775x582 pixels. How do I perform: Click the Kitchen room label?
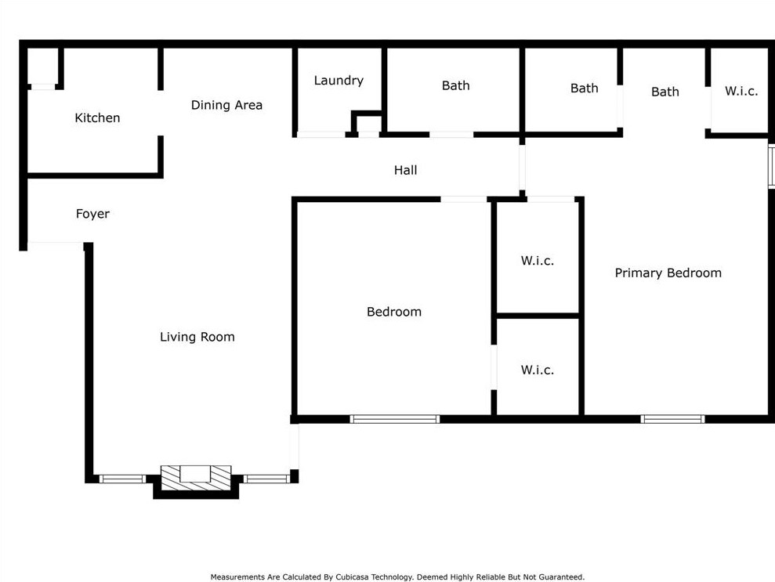point(97,118)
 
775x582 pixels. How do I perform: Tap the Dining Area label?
point(226,105)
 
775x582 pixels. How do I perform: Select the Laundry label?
point(339,81)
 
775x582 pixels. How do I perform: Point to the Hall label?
point(405,170)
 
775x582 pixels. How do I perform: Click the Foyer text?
point(92,214)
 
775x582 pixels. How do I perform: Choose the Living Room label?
point(197,337)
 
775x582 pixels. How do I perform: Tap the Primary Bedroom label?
point(668,273)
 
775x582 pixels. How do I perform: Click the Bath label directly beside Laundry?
point(455,85)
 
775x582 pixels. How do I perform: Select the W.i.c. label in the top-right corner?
point(741,92)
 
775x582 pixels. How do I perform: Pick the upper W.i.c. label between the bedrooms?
point(537,261)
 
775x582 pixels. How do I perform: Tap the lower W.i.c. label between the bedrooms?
point(537,370)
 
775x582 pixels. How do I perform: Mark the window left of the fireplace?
point(122,479)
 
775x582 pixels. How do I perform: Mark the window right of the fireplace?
point(267,479)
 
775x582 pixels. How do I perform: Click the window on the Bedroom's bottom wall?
point(395,419)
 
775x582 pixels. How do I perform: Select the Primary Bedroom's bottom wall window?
point(672,419)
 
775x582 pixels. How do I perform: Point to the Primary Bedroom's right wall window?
point(771,166)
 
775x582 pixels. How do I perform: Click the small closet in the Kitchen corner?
point(43,67)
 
